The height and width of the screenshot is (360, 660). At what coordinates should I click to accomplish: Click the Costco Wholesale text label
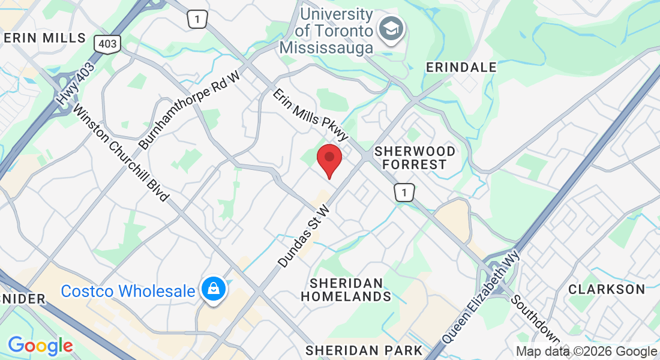click(128, 292)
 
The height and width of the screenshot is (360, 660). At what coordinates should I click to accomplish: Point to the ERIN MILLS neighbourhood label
click(44, 38)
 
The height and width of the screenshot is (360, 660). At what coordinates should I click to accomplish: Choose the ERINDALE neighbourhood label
click(461, 67)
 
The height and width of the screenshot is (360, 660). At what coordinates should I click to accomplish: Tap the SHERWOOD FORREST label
click(415, 157)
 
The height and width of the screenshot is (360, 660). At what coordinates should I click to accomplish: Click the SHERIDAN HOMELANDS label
click(346, 289)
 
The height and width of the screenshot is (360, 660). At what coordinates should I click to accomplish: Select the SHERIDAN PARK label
click(364, 350)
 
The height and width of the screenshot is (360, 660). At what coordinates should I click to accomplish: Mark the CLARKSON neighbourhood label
click(607, 289)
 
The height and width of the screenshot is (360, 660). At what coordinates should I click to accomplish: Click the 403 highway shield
click(107, 43)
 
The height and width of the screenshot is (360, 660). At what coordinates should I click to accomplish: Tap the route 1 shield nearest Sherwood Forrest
click(404, 193)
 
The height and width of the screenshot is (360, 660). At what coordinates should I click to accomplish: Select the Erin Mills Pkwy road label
click(311, 116)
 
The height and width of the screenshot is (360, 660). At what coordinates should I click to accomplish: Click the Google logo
click(40, 346)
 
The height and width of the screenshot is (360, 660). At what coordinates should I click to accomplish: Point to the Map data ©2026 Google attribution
click(587, 352)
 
